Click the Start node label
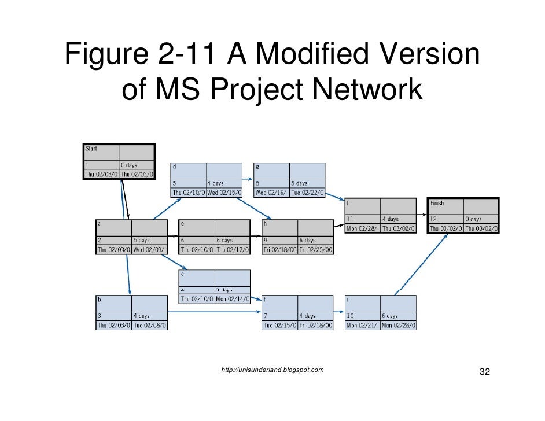click(x=91, y=149)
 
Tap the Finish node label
click(x=437, y=203)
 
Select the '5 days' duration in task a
click(x=141, y=240)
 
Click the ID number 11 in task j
click(x=351, y=219)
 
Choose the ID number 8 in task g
click(x=257, y=183)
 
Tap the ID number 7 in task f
click(x=266, y=316)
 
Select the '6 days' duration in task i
click(x=389, y=316)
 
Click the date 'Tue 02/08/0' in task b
click(x=150, y=326)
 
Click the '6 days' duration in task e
click(x=224, y=240)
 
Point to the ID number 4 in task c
click(x=183, y=290)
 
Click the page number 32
click(x=485, y=371)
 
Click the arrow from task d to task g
click(x=248, y=179)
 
